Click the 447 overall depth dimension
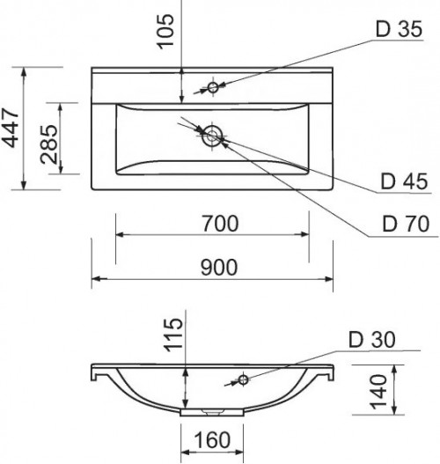(x=11, y=129)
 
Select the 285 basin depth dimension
(x=48, y=144)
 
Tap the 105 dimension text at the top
(x=165, y=32)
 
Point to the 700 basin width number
(x=220, y=224)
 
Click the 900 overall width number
(x=219, y=267)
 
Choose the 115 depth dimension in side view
(x=173, y=335)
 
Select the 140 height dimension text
(x=378, y=392)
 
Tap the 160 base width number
(x=212, y=440)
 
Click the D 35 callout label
(x=399, y=29)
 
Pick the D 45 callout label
(x=404, y=181)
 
